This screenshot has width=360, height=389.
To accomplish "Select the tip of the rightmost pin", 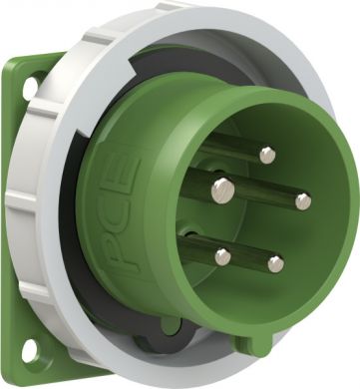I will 303,201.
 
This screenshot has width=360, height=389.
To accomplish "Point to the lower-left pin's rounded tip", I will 223,257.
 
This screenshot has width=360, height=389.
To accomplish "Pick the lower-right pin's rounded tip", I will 275,263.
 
